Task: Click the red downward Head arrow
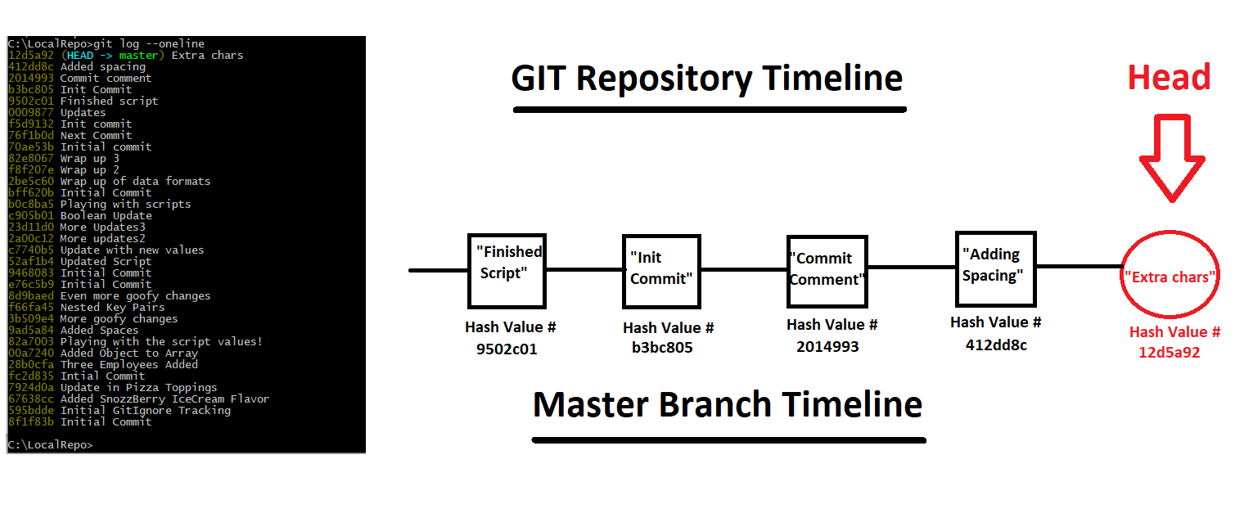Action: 1172,158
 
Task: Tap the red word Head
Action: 1169,77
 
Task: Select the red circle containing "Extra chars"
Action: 1120,275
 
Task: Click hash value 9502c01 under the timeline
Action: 507,349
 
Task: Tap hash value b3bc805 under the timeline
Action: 662,348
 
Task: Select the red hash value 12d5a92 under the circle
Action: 1170,353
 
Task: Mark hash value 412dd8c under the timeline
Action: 996,345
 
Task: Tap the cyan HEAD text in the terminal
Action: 80,56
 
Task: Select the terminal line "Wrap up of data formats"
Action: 135,182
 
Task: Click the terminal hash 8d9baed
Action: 31,296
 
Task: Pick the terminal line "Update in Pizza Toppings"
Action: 139,388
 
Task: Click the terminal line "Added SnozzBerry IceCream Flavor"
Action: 165,399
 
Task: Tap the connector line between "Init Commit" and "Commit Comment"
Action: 744,270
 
